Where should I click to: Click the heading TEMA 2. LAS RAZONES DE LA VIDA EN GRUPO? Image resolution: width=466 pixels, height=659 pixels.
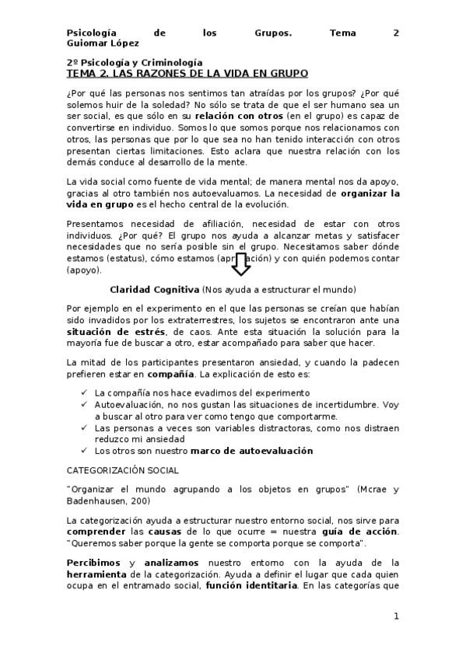point(187,73)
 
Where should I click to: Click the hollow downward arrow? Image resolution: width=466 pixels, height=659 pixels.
point(240,265)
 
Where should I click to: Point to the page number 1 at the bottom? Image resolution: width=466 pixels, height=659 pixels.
point(396,616)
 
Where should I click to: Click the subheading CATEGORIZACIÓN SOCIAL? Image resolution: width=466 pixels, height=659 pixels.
point(123,470)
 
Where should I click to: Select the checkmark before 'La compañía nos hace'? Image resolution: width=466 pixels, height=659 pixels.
point(83,393)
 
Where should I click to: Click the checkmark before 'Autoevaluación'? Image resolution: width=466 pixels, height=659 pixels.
point(83,405)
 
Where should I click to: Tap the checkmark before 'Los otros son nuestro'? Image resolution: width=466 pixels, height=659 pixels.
point(83,450)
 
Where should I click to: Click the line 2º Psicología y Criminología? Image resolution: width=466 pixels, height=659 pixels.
point(134,62)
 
